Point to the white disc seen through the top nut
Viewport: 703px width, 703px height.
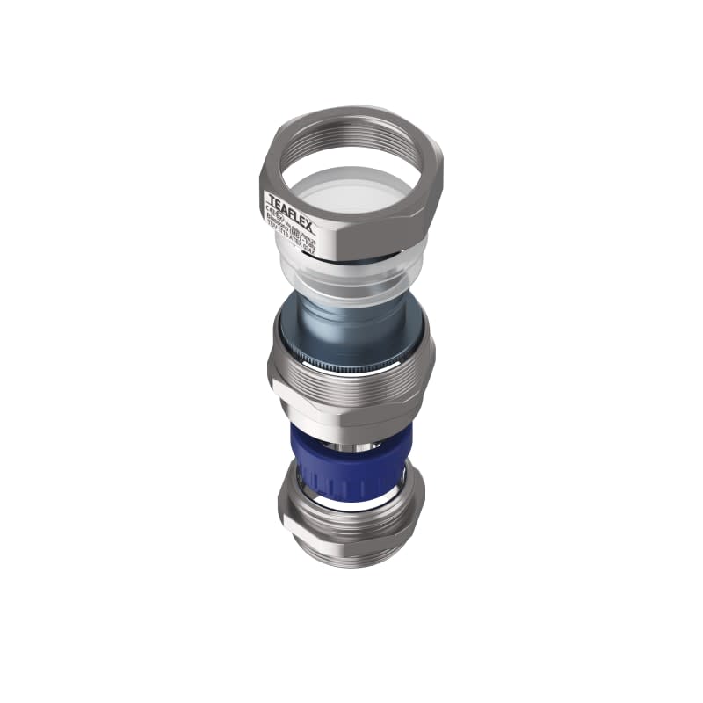(x=351, y=189)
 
